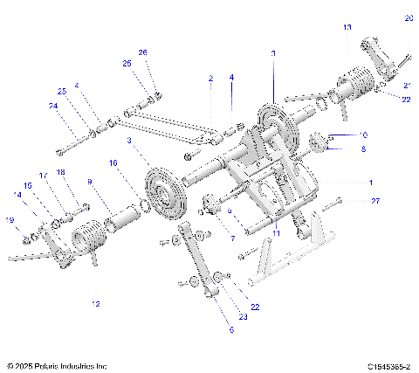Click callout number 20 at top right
pos(409,17)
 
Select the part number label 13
pos(347,28)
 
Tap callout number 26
pos(143,52)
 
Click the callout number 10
pos(364,135)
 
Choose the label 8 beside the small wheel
pos(364,149)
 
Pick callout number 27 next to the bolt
pos(376,202)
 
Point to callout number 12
pos(95,304)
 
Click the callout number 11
pos(275,234)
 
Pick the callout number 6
pos(231,330)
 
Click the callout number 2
pos(210,79)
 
